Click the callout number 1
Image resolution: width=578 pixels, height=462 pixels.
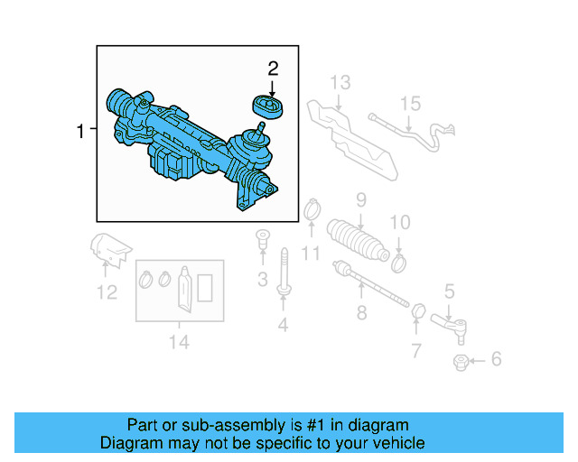coord(80,132)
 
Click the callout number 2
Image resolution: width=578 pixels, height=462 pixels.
coord(272,68)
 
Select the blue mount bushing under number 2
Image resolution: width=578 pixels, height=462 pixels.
coord(270,107)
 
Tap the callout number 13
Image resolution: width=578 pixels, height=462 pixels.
coord(339,82)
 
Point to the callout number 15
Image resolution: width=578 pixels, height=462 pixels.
coord(411,104)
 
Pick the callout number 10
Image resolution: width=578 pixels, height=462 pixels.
coord(399,222)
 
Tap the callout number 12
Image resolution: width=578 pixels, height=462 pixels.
coord(107,292)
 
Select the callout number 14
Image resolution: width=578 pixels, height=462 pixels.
coord(179,342)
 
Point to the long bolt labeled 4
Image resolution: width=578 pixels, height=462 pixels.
coord(284,270)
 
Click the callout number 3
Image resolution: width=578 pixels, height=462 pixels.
coord(263,280)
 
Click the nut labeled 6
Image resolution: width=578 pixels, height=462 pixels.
coord(460,363)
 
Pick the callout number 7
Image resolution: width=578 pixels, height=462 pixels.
coord(415,350)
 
